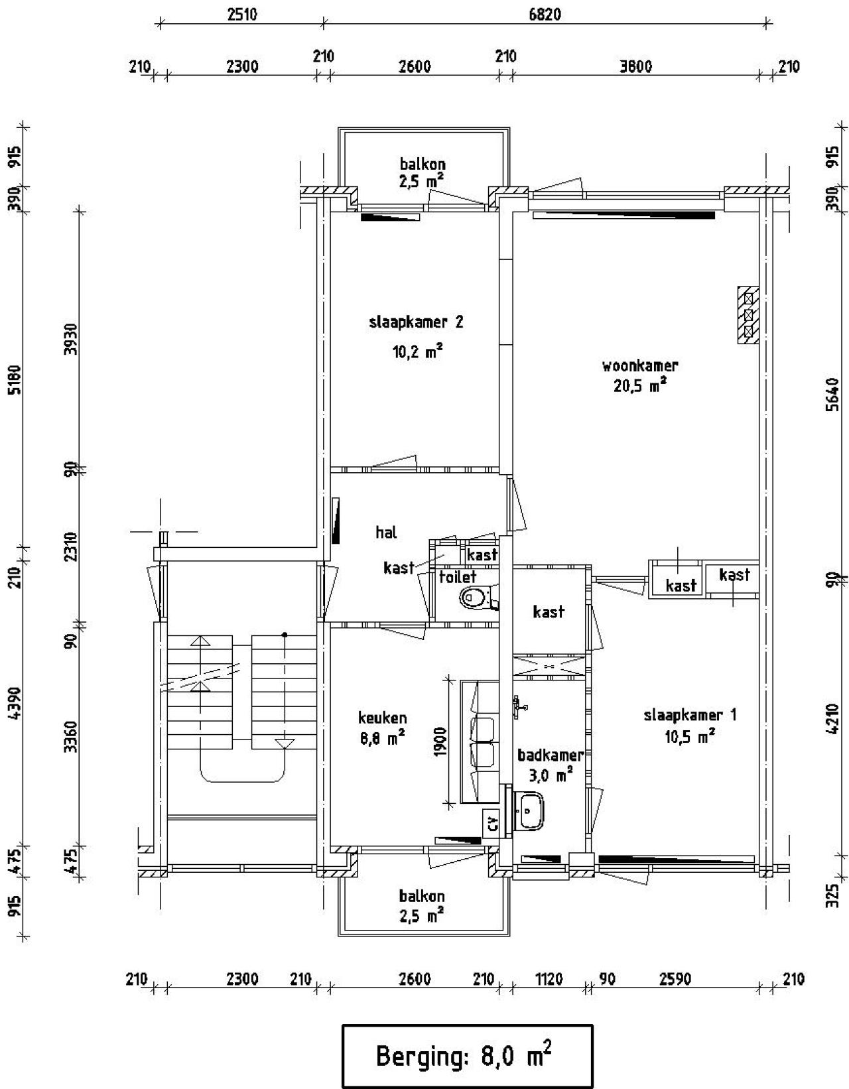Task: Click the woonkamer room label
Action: [x=640, y=365]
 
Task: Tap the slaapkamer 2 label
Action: [x=416, y=322]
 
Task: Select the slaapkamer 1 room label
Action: [x=690, y=715]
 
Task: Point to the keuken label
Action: [x=383, y=718]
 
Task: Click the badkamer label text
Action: [x=551, y=755]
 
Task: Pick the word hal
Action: [x=387, y=532]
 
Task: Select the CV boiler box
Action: [x=491, y=823]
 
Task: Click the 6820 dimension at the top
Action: [x=545, y=15]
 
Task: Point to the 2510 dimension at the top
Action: [x=242, y=15]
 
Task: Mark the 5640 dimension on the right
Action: [x=832, y=394]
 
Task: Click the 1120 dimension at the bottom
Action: [x=549, y=979]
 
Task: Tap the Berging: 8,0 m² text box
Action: [x=468, y=1054]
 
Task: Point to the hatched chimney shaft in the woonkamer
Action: [x=748, y=315]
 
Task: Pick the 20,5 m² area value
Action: [x=640, y=385]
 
